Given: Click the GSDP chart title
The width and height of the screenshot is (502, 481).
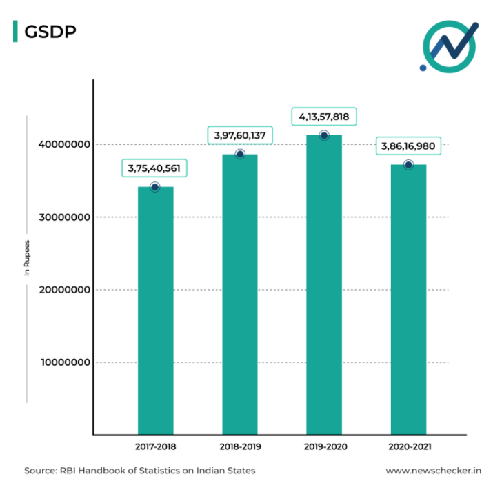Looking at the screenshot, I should [x=50, y=32].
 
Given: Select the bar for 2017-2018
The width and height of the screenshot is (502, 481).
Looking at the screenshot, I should [x=155, y=311].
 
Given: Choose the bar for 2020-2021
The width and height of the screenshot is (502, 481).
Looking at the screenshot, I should [x=408, y=300].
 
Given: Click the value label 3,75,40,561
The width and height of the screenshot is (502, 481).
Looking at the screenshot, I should [x=155, y=168].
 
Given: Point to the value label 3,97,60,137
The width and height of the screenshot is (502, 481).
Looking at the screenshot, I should [x=240, y=135].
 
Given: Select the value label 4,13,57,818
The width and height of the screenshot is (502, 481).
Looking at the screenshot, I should [x=324, y=117].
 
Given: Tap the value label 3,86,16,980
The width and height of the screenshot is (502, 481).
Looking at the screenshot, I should [x=408, y=147].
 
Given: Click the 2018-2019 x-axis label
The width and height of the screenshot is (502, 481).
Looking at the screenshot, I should [x=240, y=446].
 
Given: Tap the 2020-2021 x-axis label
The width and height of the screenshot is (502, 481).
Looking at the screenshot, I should [x=408, y=446].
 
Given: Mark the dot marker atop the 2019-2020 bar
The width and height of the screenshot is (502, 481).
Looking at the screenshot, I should [x=324, y=135].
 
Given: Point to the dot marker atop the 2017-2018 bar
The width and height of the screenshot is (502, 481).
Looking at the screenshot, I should [x=154, y=187].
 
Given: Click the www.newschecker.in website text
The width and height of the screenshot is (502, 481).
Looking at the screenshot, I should [x=432, y=471].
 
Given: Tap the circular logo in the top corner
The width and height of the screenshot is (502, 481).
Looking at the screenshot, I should [x=450, y=46].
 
